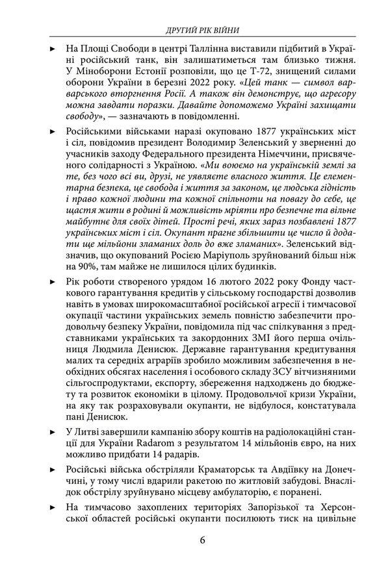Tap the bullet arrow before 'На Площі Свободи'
coord(53,49)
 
